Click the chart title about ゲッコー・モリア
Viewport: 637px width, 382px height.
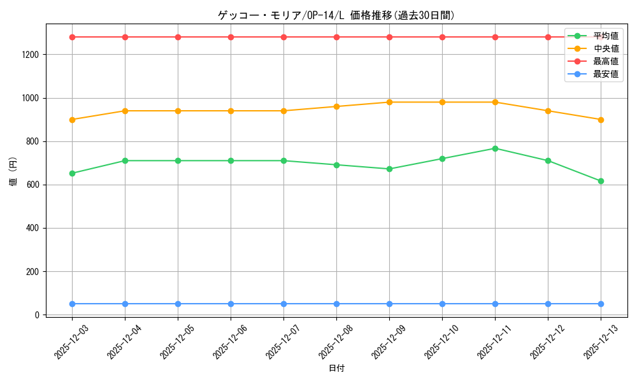tap(336, 15)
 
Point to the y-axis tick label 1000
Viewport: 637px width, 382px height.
tap(31, 98)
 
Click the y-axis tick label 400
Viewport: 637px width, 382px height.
tap(33, 228)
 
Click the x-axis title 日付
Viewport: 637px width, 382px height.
tap(336, 369)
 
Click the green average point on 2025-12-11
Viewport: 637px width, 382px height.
tap(495, 148)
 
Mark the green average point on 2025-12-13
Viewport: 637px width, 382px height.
tap(601, 181)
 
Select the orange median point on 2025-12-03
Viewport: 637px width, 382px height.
tap(72, 120)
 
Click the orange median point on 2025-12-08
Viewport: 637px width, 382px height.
tap(336, 106)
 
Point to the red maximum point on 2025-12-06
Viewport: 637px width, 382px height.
tap(231, 37)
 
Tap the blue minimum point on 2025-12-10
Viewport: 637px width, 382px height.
tap(442, 304)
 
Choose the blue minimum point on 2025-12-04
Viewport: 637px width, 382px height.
tap(125, 304)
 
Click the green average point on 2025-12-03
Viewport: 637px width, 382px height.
tap(72, 173)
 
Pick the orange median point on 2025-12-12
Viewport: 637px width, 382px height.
tap(548, 111)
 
